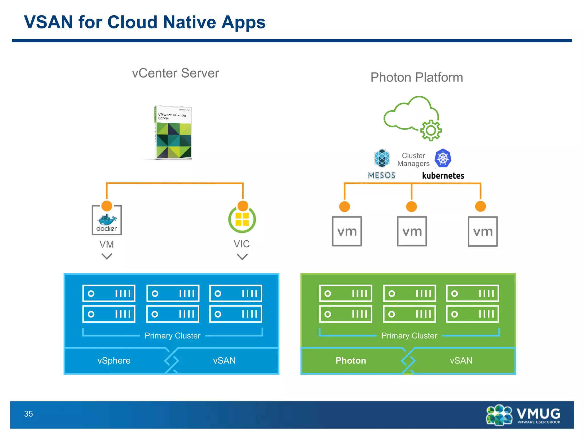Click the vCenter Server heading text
175,73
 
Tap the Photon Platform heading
416,78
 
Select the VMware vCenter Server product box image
173,133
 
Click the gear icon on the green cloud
431,131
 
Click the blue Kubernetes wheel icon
443,158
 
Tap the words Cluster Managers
413,160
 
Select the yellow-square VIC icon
242,219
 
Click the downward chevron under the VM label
107,257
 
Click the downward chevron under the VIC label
242,257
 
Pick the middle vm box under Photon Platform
412,231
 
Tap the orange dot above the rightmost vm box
480,206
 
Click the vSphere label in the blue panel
114,361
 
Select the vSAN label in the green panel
461,361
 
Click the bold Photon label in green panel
350,361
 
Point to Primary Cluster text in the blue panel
173,336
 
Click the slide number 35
29,414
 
